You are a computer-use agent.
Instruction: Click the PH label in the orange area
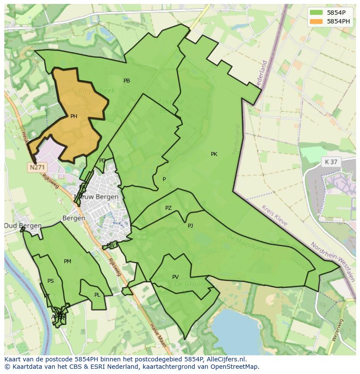73,116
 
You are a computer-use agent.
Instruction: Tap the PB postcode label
127,81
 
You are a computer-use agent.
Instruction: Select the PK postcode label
214,154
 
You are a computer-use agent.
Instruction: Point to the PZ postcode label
168,209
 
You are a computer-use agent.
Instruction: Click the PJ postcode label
190,226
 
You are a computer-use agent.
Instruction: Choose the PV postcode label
175,277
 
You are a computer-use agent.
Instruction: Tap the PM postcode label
67,261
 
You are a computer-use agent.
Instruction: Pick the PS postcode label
50,281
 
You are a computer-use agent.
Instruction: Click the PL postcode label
97,295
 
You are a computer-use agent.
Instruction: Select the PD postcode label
102,161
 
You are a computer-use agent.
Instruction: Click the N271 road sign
37,167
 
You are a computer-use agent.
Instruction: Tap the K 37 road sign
331,162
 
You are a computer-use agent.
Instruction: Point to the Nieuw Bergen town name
97,197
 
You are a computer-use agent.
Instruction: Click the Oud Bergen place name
23,226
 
